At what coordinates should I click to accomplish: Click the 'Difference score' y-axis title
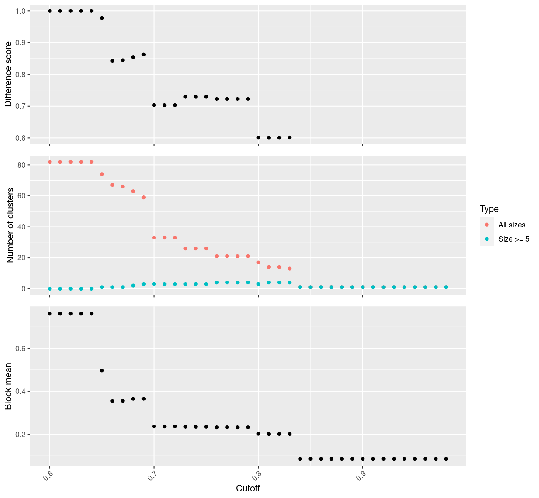(8, 74)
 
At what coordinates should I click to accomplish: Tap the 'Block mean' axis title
(8, 386)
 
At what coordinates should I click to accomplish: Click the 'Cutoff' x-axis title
(248, 488)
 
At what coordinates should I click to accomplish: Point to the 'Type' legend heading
(489, 209)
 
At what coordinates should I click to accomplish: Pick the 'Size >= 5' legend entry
(514, 239)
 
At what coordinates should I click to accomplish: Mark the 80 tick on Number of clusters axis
(22, 165)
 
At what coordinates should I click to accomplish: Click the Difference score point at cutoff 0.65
(102, 18)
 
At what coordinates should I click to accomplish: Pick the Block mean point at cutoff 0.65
(102, 371)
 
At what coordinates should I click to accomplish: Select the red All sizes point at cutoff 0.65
(102, 174)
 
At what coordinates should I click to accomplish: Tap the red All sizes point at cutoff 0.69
(143, 198)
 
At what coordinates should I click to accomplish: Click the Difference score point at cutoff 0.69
(143, 54)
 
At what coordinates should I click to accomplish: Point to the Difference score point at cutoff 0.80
(258, 137)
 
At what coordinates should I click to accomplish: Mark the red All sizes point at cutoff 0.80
(258, 262)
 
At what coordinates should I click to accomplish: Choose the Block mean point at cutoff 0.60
(50, 313)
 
